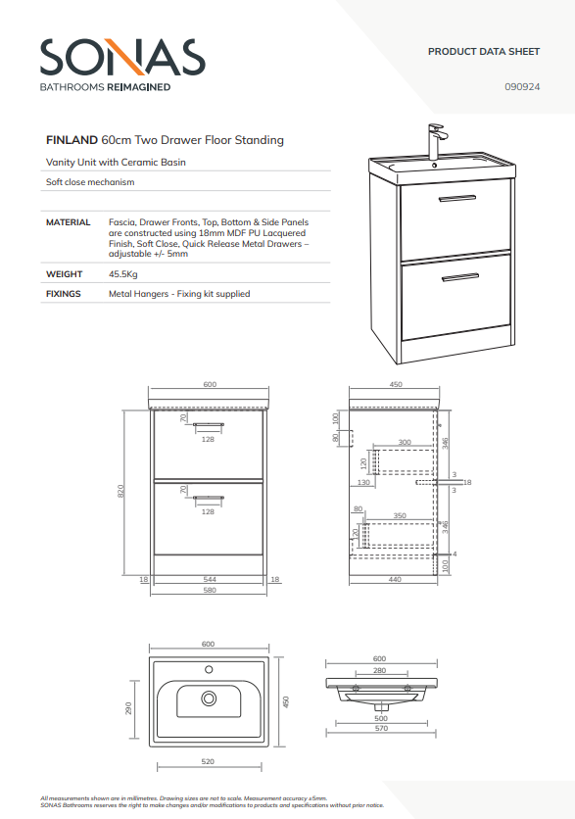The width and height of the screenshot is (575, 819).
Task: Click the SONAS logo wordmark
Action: pos(122,57)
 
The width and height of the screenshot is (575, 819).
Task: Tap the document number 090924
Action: pos(522,87)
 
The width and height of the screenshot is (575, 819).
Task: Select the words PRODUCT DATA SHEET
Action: pos(484,52)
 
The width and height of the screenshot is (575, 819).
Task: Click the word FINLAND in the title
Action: pos(72,140)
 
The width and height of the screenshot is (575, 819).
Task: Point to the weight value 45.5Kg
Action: pos(122,274)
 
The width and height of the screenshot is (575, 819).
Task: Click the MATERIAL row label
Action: pos(68,222)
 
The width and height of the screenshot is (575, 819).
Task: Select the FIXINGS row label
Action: pos(64,294)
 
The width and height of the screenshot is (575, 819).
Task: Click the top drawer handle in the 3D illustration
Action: pos(457,199)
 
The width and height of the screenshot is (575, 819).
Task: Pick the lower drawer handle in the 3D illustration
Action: pos(460,277)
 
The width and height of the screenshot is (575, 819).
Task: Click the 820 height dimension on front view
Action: pos(120,491)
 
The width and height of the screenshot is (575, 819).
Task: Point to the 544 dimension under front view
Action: pos(209,579)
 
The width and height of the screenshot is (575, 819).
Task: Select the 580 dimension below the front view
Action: pos(209,590)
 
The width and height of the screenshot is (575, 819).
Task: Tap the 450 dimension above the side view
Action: pos(396,384)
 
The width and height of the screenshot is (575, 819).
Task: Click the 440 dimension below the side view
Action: pos(395,579)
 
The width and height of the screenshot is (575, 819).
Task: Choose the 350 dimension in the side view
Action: pos(400,515)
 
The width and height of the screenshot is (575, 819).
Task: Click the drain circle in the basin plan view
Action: pos(209,698)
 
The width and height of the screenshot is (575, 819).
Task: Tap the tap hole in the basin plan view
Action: pos(209,669)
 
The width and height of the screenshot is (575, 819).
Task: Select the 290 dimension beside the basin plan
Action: pos(128,708)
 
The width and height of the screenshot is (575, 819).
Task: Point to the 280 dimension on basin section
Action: pos(380,670)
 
